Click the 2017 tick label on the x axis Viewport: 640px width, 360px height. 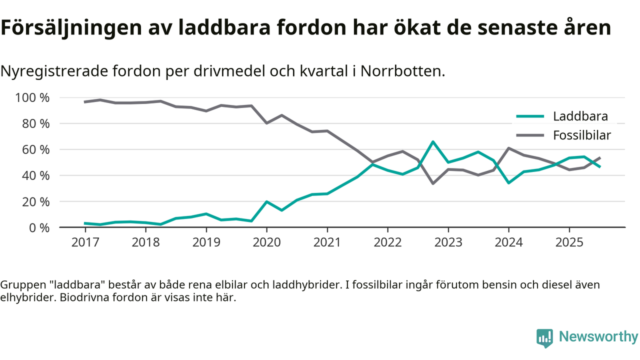click(x=85, y=242)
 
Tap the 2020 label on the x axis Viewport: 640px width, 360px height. click(x=266, y=242)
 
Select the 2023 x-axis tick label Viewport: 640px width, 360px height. click(x=448, y=242)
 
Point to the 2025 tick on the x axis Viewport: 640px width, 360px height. click(x=569, y=242)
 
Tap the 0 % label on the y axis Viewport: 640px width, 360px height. click(x=38, y=227)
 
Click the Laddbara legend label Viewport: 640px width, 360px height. click(x=580, y=117)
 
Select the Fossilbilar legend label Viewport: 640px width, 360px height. click(x=582, y=135)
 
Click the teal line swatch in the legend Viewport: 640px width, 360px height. click(x=529, y=117)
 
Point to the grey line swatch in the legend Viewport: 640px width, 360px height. click(x=529, y=135)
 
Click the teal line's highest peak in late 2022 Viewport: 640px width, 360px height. click(x=433, y=142)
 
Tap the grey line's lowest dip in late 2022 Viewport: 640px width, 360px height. click(x=433, y=183)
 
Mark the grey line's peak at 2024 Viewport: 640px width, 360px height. click(x=508, y=148)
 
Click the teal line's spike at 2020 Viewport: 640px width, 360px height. click(x=266, y=201)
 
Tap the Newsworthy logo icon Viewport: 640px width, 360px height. click(x=544, y=338)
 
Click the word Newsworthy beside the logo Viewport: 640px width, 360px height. click(x=598, y=337)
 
